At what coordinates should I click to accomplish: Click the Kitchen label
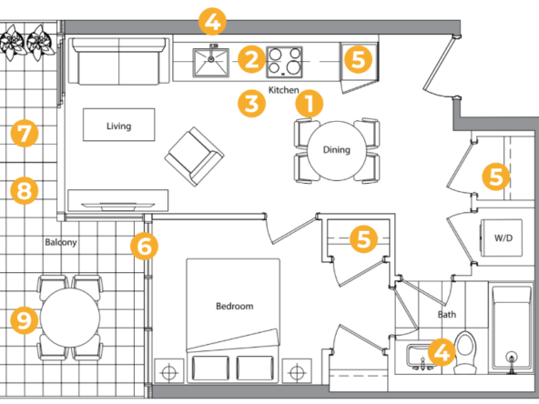tap(283, 90)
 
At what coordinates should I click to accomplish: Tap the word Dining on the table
tap(337, 150)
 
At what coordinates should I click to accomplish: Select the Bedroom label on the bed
tap(234, 306)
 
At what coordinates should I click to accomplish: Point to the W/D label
tap(503, 237)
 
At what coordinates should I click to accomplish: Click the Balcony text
tap(61, 242)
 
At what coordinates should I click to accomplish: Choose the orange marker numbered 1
tap(310, 104)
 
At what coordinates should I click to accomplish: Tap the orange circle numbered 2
tap(251, 59)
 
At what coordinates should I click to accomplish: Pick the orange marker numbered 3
tap(251, 104)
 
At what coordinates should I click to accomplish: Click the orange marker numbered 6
tap(144, 246)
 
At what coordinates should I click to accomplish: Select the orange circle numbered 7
tap(25, 133)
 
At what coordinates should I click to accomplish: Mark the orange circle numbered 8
tap(25, 190)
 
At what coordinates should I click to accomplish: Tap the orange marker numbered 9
tap(25, 320)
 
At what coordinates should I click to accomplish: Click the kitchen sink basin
tap(210, 63)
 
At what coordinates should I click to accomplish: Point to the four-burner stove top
tap(284, 62)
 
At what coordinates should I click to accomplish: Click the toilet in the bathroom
tap(466, 352)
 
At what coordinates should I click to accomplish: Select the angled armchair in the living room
tap(194, 157)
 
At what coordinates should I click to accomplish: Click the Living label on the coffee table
tap(118, 126)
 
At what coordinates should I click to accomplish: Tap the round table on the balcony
tap(70, 318)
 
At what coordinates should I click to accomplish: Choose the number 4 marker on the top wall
tap(212, 21)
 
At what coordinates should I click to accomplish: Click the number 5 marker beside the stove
tap(358, 59)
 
